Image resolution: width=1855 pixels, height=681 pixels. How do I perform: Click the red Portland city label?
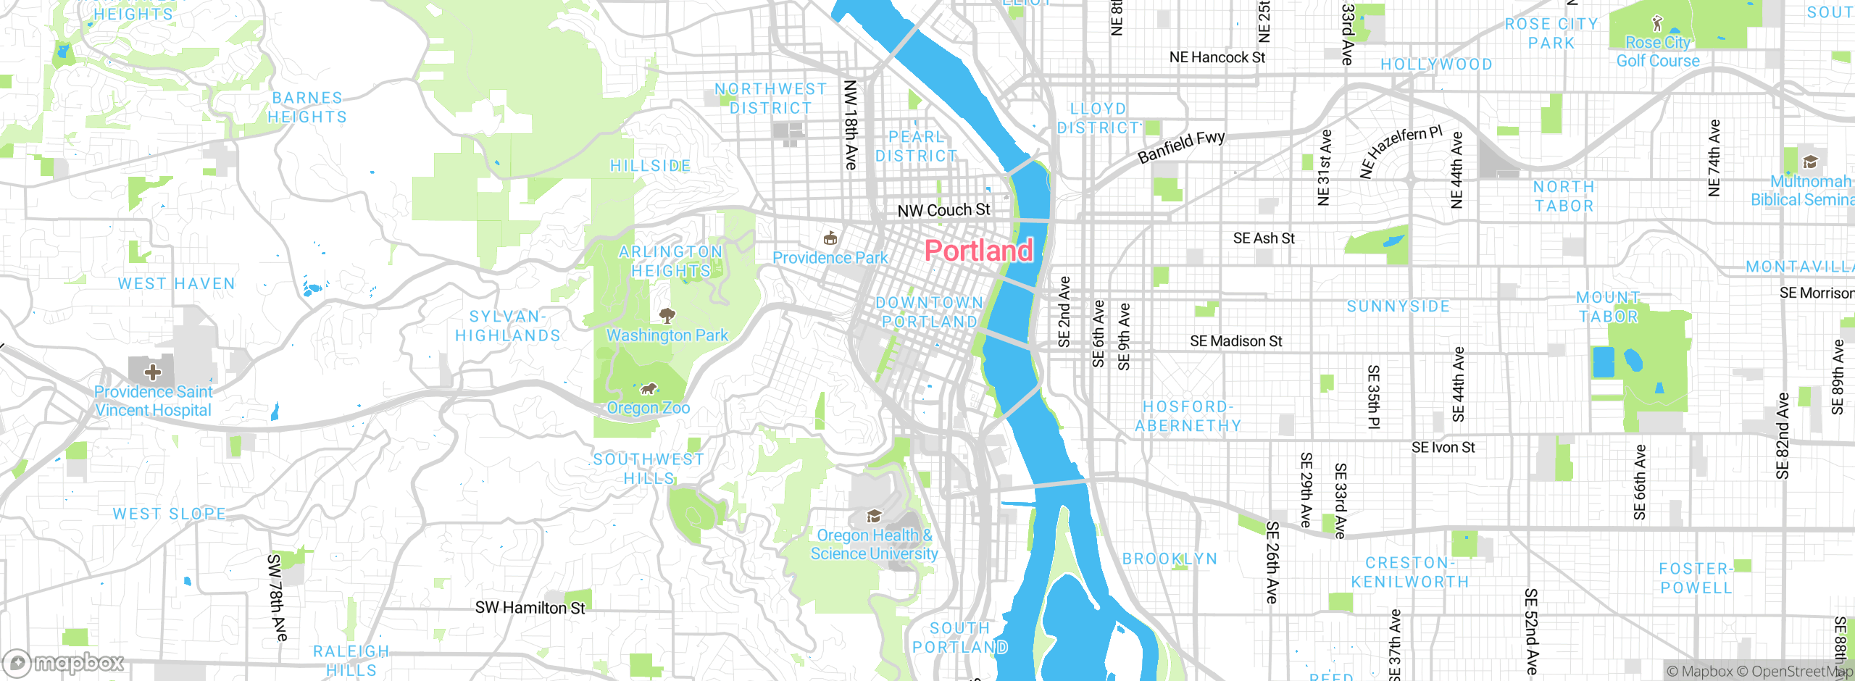point(978,251)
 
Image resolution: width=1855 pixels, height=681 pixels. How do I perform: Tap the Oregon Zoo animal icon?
point(649,389)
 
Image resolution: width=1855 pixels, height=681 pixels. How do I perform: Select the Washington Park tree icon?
point(667,315)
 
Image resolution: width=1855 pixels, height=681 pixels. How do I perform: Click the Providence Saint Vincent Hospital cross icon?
point(152,372)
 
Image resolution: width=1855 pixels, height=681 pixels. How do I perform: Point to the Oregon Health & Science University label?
point(874,544)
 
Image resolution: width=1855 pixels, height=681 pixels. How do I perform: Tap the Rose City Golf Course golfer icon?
point(1656,23)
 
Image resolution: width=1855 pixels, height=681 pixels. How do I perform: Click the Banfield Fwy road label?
point(1181,146)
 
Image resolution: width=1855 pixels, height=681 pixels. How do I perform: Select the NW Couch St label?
point(943,210)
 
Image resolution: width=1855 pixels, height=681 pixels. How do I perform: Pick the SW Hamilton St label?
point(530,608)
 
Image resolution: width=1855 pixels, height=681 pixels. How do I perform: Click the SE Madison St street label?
point(1236,341)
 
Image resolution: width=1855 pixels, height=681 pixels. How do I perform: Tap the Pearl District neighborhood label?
point(916,146)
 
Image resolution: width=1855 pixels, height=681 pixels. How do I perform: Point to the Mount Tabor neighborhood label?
point(1608,307)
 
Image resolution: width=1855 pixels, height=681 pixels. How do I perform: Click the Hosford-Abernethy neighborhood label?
point(1188,417)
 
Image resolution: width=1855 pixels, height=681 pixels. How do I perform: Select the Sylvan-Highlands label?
point(507,326)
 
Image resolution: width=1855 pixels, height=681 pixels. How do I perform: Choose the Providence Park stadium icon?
point(830,238)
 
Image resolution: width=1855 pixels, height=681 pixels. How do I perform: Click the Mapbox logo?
point(64,662)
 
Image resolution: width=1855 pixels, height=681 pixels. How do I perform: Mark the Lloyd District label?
point(1099,118)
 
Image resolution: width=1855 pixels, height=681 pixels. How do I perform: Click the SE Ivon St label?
point(1443,448)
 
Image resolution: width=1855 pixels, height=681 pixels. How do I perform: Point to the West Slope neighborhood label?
point(169,514)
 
